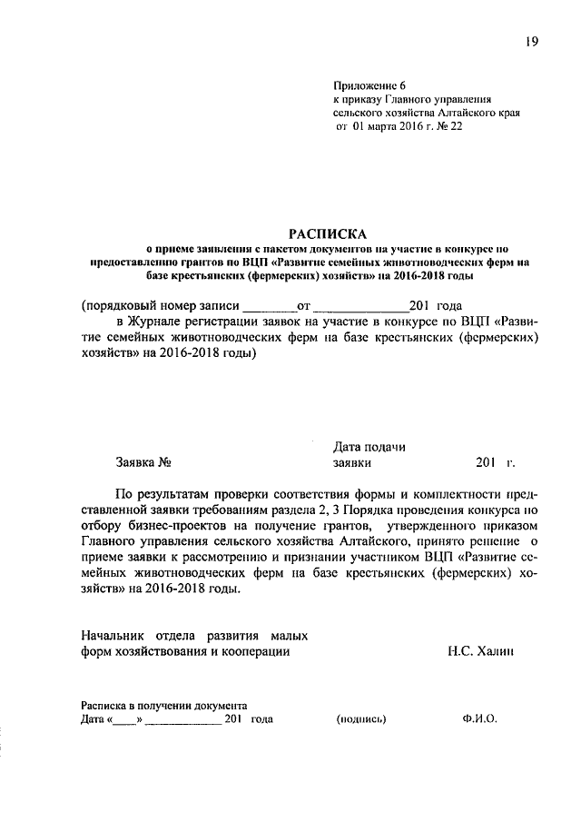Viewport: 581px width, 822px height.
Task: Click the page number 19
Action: coord(529,40)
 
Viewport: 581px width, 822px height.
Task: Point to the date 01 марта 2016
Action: coord(387,128)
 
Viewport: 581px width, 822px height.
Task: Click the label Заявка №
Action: coord(143,462)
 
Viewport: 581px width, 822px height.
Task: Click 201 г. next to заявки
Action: coord(494,462)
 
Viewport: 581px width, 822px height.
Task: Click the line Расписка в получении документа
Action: coord(163,704)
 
